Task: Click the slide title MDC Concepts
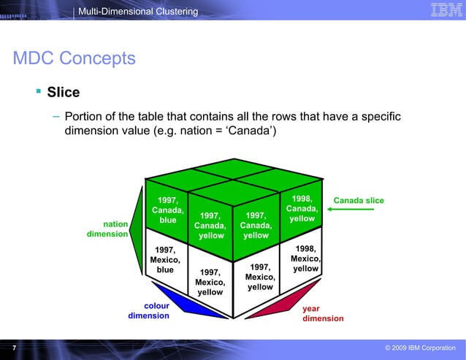coord(74,58)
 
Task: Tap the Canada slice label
coord(358,201)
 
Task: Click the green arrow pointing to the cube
coord(351,210)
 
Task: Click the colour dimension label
coord(149,311)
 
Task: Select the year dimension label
coord(322,313)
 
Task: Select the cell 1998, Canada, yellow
coord(302,209)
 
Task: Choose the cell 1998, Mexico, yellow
coord(305,258)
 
